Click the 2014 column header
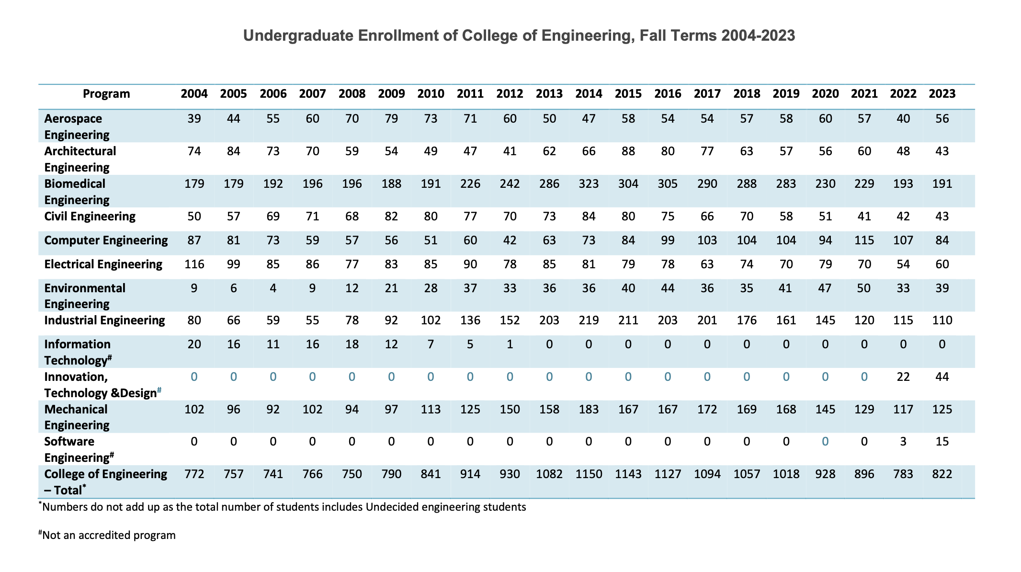point(589,94)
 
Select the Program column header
point(106,94)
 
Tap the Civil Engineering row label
point(90,217)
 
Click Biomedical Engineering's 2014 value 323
point(589,184)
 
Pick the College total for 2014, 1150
point(589,474)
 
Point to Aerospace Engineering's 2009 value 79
point(391,119)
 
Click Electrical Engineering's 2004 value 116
point(194,264)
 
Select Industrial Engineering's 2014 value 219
point(589,320)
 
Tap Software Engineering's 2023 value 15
point(942,442)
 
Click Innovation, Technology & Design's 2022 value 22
point(903,377)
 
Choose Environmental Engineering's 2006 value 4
point(273,288)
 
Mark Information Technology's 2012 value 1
point(510,344)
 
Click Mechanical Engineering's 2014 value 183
point(589,410)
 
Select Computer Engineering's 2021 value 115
point(864,240)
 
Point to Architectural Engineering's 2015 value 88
point(628,151)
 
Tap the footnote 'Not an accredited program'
point(109,535)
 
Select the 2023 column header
point(942,94)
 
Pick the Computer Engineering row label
point(106,240)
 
